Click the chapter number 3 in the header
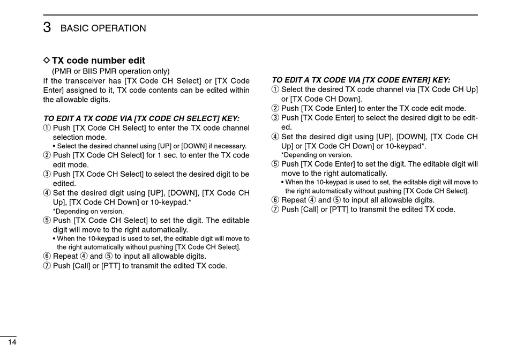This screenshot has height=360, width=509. [x=47, y=27]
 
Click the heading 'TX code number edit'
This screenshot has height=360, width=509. [x=98, y=61]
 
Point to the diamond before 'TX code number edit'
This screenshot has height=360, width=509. [x=46, y=61]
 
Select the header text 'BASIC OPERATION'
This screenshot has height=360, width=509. [x=103, y=28]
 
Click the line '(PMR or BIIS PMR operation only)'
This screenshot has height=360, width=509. [x=110, y=71]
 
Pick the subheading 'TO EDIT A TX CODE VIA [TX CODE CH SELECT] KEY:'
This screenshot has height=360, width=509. [x=141, y=118]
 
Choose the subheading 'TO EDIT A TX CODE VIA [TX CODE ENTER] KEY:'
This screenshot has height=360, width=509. [x=361, y=79]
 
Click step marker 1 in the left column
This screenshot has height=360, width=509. [x=47, y=128]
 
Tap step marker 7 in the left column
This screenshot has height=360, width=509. [x=47, y=266]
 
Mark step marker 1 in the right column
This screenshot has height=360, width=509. [x=275, y=89]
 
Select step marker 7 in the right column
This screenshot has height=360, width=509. [x=275, y=209]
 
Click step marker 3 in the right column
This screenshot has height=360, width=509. [x=275, y=118]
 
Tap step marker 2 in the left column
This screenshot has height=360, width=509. [x=47, y=155]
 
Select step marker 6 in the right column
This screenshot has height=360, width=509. [x=275, y=200]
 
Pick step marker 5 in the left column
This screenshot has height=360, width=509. [x=47, y=220]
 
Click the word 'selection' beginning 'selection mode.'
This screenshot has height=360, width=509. [x=70, y=137]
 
